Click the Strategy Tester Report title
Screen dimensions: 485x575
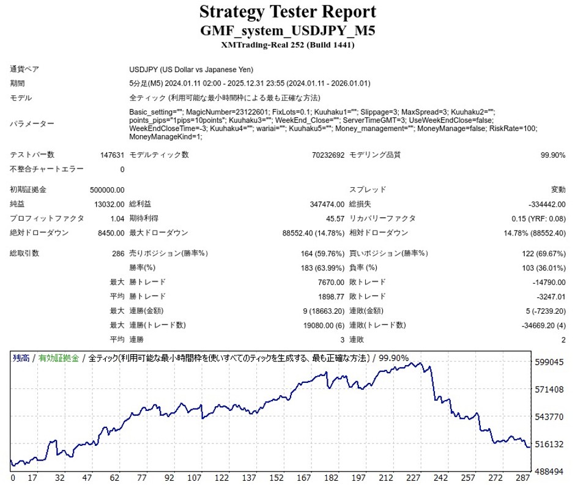pos(287,11)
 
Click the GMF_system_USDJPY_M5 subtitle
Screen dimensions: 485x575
pos(287,30)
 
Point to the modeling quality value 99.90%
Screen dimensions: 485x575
pos(553,155)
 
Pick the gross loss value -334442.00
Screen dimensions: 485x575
pos(546,204)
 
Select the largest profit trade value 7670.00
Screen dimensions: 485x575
pos(331,282)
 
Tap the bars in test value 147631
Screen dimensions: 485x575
pos(112,155)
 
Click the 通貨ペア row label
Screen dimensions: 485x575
pos(24,69)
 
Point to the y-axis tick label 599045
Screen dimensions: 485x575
pos(549,362)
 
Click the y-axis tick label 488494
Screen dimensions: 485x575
pos(549,472)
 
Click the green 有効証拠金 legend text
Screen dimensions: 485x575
pos(59,358)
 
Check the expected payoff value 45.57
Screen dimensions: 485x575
pos(335,218)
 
